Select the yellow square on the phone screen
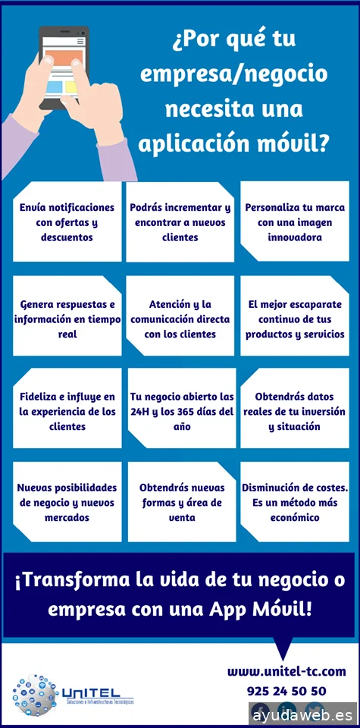pos(71,86)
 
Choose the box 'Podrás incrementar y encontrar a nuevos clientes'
pos(180,221)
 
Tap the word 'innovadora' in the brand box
pos(294,237)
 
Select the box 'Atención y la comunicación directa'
pos(180,318)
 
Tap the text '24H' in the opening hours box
pos(142,412)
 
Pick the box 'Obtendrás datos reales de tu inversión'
pos(294,411)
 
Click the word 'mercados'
pos(67,518)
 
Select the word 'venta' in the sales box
pos(180,518)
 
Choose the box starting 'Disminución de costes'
pos(294,502)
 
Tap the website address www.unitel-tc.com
pos(286,671)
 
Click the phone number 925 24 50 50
pos(286,691)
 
